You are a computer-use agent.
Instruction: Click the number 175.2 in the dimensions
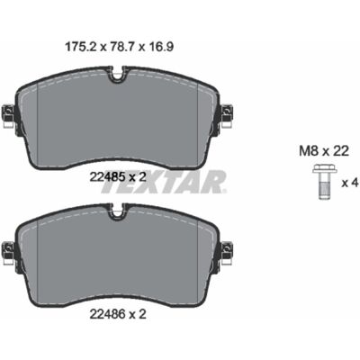click(81, 47)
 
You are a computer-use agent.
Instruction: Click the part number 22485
click(107, 177)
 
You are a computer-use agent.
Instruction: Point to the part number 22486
click(107, 314)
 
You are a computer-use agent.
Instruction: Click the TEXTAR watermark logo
click(164, 182)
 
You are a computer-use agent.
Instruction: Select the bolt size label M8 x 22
click(324, 151)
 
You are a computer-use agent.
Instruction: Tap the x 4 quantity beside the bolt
click(350, 183)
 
